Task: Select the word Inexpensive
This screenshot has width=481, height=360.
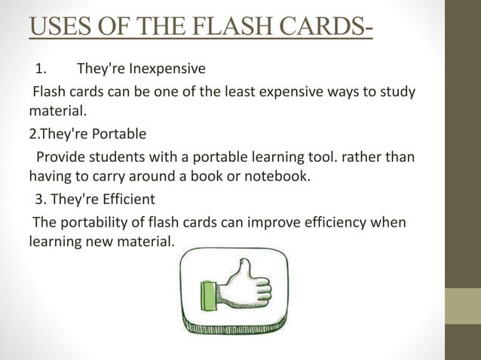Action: point(167,70)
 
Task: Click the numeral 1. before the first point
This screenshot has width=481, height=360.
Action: point(41,70)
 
